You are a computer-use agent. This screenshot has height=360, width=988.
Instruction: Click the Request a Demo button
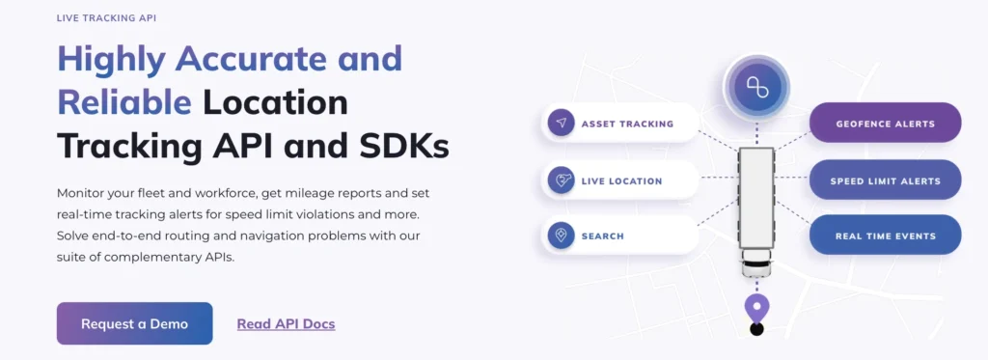(x=134, y=323)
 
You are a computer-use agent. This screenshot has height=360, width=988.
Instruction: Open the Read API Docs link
(x=286, y=324)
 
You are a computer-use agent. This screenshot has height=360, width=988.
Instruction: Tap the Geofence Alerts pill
(x=885, y=124)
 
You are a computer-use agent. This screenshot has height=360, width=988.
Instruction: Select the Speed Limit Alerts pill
(x=885, y=180)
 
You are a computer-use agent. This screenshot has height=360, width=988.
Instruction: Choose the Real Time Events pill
(x=885, y=235)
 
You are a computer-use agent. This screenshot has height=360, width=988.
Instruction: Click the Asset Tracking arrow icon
(x=561, y=124)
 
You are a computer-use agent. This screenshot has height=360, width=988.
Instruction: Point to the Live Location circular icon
(x=561, y=180)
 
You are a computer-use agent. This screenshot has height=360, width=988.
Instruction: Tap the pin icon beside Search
(x=561, y=235)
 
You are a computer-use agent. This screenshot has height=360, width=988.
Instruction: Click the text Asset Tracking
(x=627, y=124)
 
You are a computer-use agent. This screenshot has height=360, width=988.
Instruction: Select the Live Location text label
(x=621, y=180)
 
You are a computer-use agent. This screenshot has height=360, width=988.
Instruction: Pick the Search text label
(x=602, y=235)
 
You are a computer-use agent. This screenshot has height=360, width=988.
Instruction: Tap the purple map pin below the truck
(x=757, y=308)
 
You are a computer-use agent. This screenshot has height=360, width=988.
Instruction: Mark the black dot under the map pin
(x=757, y=330)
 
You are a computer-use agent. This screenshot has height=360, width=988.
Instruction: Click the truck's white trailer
(x=757, y=198)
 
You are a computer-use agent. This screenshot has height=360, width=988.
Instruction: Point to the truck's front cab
(x=757, y=263)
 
